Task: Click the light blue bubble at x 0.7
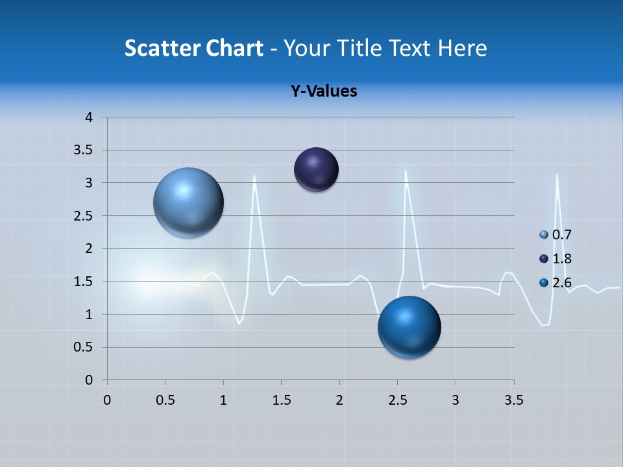click(x=188, y=202)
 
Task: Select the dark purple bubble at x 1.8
click(x=316, y=169)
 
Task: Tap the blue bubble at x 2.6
click(x=409, y=327)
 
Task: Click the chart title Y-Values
click(x=323, y=91)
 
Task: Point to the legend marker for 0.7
click(x=544, y=235)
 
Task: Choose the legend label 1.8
click(x=562, y=259)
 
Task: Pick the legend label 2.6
click(x=562, y=283)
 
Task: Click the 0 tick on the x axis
click(x=107, y=400)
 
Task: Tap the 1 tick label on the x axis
click(x=223, y=400)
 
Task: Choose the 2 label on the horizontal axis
click(x=339, y=400)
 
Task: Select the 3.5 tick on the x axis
click(x=513, y=400)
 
